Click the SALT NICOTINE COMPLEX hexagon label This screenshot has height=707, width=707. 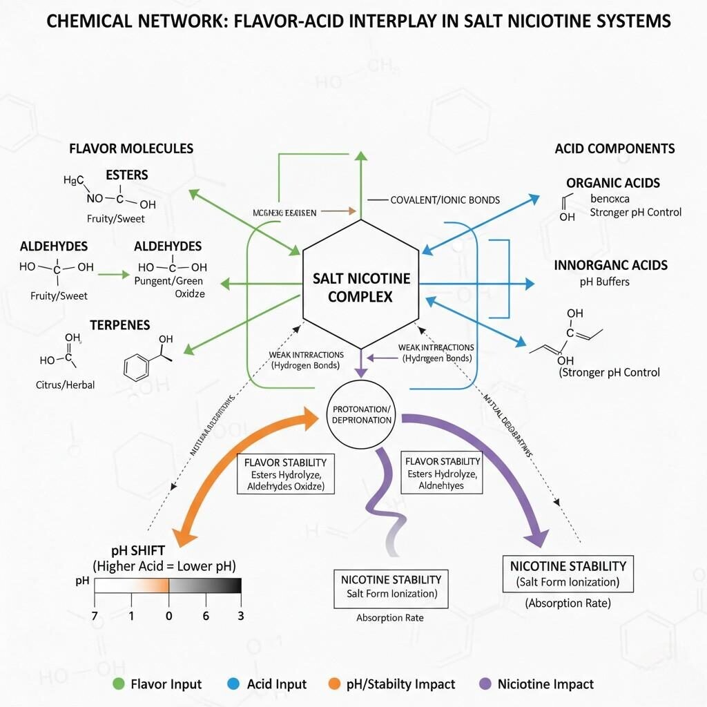(x=361, y=287)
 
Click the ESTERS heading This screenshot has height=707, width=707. (x=126, y=175)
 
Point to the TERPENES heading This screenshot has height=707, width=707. (x=119, y=325)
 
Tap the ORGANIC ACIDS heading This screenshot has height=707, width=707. (x=613, y=183)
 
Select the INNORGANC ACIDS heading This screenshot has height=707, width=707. (x=611, y=265)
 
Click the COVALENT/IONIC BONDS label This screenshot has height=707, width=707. (x=445, y=200)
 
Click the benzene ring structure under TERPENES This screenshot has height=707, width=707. (x=137, y=367)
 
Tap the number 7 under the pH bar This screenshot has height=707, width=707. (x=95, y=616)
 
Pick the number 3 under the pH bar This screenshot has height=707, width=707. (x=240, y=616)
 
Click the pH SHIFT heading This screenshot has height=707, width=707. (x=139, y=551)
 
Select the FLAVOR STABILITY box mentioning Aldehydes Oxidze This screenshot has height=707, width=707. (x=285, y=474)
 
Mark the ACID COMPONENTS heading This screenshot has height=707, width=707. (x=614, y=148)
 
